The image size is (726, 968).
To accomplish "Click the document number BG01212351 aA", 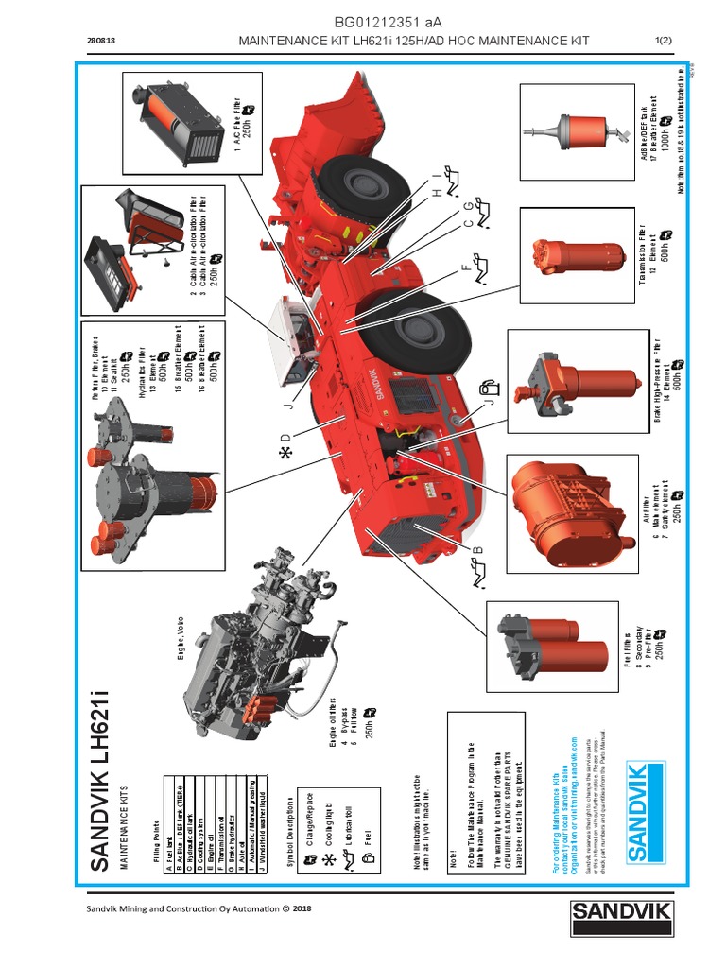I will point(388,22).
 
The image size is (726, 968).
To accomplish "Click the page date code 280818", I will point(101,41).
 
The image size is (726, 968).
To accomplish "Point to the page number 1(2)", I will point(663,41).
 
